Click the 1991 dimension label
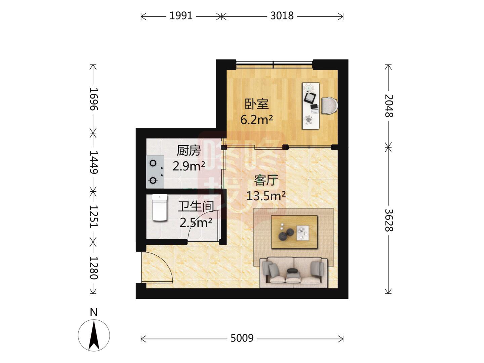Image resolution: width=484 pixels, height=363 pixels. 180,16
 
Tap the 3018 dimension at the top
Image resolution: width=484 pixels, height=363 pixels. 282,16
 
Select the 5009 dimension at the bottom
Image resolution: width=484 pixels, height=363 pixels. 242,338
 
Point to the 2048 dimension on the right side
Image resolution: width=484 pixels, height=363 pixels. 389,106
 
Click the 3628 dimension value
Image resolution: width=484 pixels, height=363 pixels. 389,220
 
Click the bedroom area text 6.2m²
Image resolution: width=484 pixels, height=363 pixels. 256,120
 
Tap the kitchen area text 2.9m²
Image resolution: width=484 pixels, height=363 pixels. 189,166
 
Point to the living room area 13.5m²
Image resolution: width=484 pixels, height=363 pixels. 266,196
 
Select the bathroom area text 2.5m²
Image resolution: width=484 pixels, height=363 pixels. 195,223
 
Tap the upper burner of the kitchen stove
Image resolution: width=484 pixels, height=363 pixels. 153,164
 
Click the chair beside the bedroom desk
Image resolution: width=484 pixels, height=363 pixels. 328,106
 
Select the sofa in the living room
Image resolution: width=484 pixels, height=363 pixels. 294,272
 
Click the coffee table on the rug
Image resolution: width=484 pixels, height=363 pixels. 294,232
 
